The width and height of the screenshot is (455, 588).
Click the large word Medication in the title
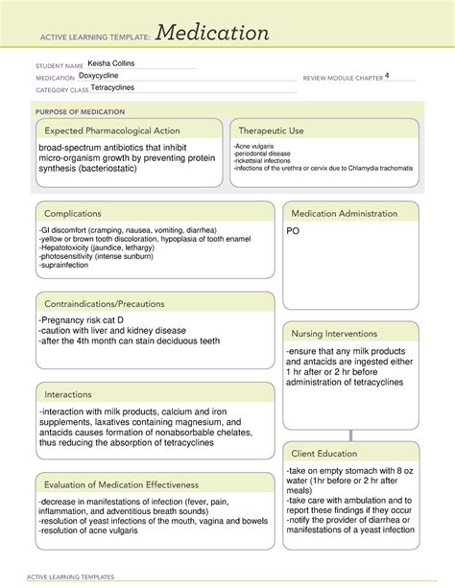click(213, 34)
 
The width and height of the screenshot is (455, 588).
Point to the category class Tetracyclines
click(117, 88)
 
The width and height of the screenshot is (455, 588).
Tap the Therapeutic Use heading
click(272, 130)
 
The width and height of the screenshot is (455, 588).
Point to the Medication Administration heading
click(345, 213)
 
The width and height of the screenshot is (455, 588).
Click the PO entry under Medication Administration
click(294, 231)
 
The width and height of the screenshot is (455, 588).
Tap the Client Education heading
click(325, 453)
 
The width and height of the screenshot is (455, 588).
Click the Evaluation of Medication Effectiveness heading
click(119, 484)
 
